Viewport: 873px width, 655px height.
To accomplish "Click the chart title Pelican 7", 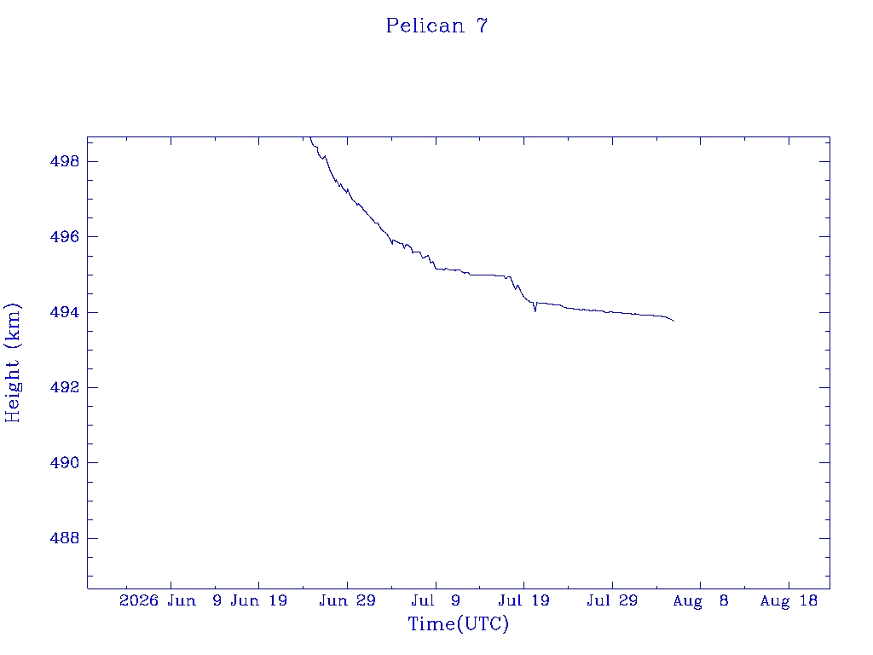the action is click(x=437, y=26).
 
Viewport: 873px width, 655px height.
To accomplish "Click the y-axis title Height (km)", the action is click(x=12, y=362).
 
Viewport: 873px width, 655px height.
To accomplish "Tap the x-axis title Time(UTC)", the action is click(x=458, y=623).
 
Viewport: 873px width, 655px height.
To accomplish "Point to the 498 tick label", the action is click(x=65, y=161).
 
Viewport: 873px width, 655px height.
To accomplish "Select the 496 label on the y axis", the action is click(x=65, y=237).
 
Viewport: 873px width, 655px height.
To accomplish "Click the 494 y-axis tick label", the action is click(x=65, y=312).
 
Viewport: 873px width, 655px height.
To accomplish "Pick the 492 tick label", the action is click(x=65, y=388).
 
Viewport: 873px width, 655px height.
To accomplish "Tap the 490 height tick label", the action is click(x=65, y=463).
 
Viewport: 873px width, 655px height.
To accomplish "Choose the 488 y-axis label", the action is click(x=65, y=539).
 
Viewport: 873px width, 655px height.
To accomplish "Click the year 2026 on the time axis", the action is click(x=139, y=600).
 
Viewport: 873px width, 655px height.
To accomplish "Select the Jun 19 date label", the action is click(x=259, y=600).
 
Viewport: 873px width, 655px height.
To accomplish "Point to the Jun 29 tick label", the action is click(x=348, y=600).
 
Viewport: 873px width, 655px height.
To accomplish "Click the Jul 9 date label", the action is click(x=436, y=600).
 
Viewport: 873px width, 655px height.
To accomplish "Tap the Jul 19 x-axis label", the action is click(x=524, y=600).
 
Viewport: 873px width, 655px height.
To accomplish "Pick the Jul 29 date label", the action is click(x=612, y=600).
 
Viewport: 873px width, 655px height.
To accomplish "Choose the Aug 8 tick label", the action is click(x=701, y=600).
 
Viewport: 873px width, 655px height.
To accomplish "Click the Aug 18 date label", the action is click(x=789, y=600).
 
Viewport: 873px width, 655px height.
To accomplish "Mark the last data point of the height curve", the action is click(x=674, y=321).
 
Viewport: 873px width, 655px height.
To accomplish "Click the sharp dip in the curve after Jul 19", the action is click(x=535, y=310).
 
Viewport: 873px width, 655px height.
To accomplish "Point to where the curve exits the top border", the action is click(x=310, y=137).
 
